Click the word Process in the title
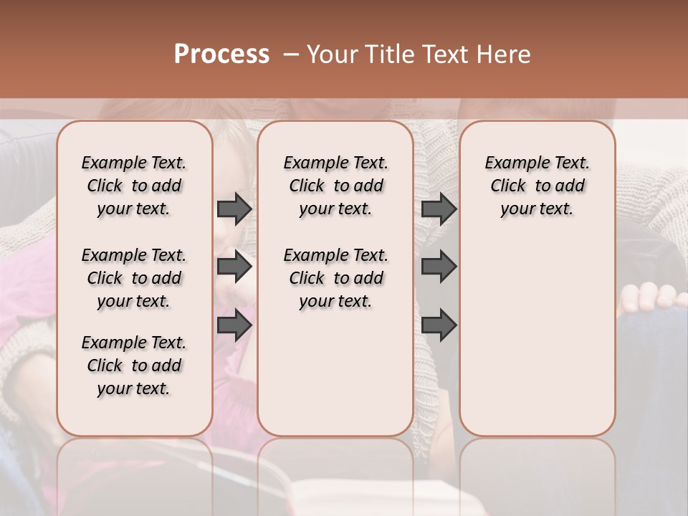(x=221, y=54)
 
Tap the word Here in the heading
(x=504, y=54)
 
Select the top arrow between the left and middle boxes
(x=234, y=209)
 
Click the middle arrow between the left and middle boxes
(x=234, y=267)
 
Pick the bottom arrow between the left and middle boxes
(x=234, y=325)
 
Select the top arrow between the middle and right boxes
(x=439, y=209)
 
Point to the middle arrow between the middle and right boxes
(x=439, y=267)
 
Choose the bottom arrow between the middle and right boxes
(x=439, y=325)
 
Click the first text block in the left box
(x=134, y=186)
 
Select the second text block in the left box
(x=134, y=278)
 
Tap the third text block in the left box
(x=134, y=365)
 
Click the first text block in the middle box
(x=335, y=186)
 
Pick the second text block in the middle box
(x=335, y=278)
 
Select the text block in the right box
(x=537, y=186)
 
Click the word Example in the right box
(x=511, y=163)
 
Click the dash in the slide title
(x=291, y=54)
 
